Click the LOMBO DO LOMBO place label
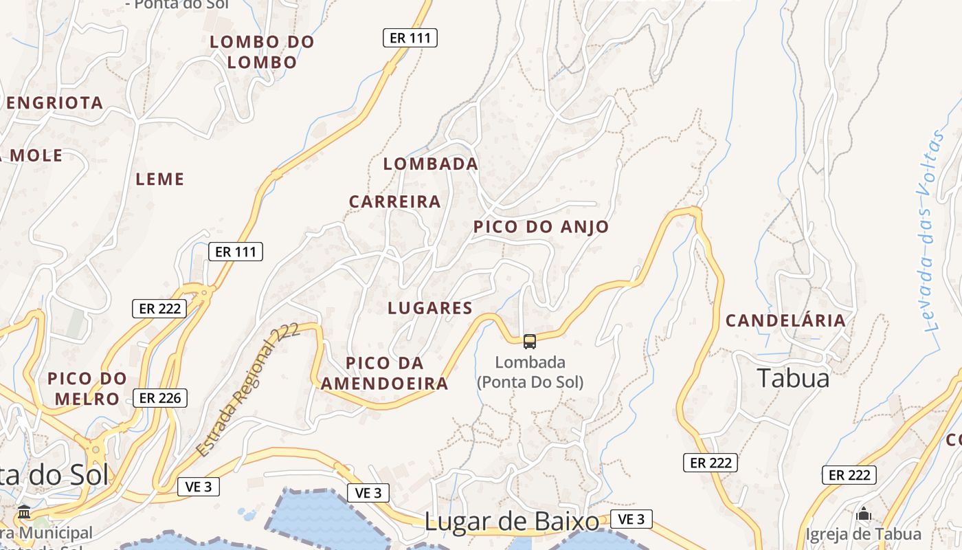coord(262,52)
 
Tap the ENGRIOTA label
coord(55,103)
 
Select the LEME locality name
coord(160,179)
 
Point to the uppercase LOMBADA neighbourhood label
coord(431,164)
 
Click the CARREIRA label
coord(395,201)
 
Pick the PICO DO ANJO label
coord(541,227)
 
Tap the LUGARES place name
coord(430,308)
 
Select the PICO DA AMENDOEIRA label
coord(385,373)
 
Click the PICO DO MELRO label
coord(87,388)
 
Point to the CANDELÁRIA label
coord(786,320)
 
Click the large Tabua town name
coord(794,378)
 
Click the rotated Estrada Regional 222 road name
coord(247,390)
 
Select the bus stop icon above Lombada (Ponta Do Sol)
coord(530,341)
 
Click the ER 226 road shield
coord(160,397)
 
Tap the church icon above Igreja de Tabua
coord(864,514)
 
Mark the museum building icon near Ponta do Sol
coord(25,512)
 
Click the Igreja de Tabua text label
coord(864,533)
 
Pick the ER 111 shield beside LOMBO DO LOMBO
coord(410,38)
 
